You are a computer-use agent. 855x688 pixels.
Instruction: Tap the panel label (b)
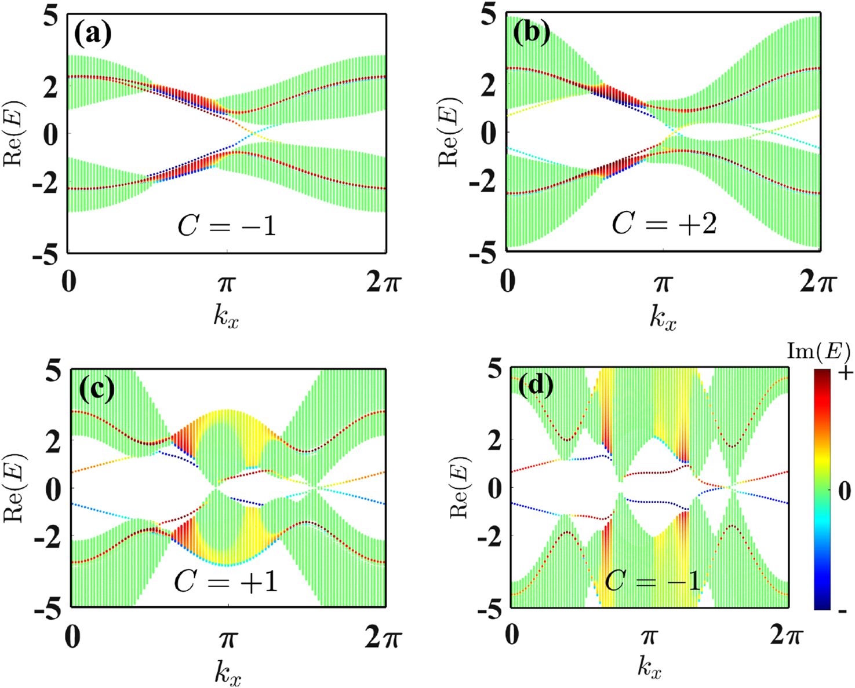point(531,34)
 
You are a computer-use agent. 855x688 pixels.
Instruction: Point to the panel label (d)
point(534,386)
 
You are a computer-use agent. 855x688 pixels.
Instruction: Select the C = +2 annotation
point(664,224)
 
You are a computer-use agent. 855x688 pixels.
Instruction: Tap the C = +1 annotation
point(226,581)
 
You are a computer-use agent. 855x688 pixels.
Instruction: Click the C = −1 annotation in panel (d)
point(653,580)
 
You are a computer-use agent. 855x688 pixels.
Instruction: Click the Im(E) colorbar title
point(818,352)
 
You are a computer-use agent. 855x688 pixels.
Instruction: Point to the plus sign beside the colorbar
point(845,372)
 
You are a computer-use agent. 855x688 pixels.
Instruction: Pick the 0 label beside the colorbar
point(845,492)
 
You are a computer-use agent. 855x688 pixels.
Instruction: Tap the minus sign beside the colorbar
point(843,610)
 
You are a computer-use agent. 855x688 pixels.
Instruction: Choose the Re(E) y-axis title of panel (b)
point(448,133)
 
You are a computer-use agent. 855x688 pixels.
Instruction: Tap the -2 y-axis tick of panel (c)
point(46,539)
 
